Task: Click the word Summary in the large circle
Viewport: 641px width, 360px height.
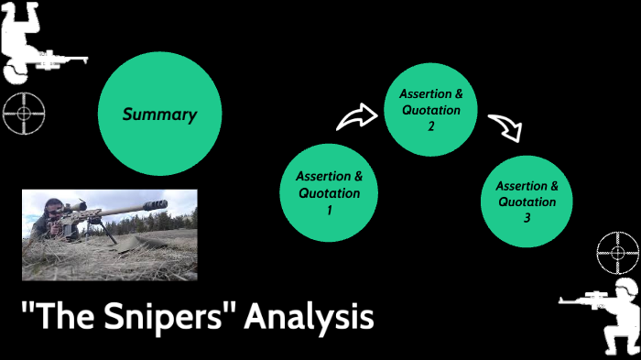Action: pos(159,115)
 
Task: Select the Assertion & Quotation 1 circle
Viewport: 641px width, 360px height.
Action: pos(329,192)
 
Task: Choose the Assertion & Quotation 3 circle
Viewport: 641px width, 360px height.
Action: pos(527,202)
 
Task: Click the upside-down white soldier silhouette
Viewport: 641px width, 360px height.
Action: pos(27,37)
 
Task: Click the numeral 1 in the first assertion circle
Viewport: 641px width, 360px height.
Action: pos(329,210)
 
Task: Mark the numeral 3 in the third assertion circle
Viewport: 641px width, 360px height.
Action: pos(527,219)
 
